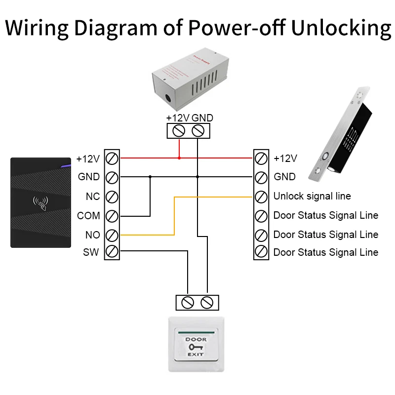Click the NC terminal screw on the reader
112,197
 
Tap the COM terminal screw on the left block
112,216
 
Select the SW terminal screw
112,252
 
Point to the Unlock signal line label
312,197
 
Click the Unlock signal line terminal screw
261,197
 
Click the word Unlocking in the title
341,28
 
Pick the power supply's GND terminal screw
197,131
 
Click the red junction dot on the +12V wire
179,158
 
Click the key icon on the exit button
196,347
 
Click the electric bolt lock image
341,133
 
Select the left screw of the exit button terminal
188,302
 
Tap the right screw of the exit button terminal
207,302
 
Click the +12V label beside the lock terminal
285,158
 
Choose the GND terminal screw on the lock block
261,177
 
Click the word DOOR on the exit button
196,340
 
